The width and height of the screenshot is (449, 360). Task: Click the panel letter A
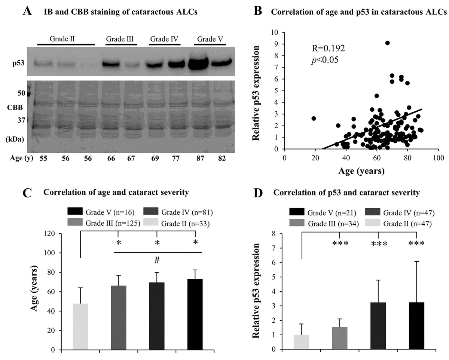click(x=27, y=12)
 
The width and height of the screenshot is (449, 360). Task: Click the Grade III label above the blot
click(x=120, y=39)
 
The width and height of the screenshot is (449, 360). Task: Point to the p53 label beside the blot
click(x=18, y=63)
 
